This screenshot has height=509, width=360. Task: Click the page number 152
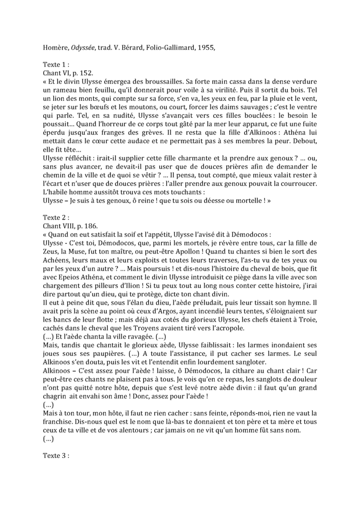tap(85, 73)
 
